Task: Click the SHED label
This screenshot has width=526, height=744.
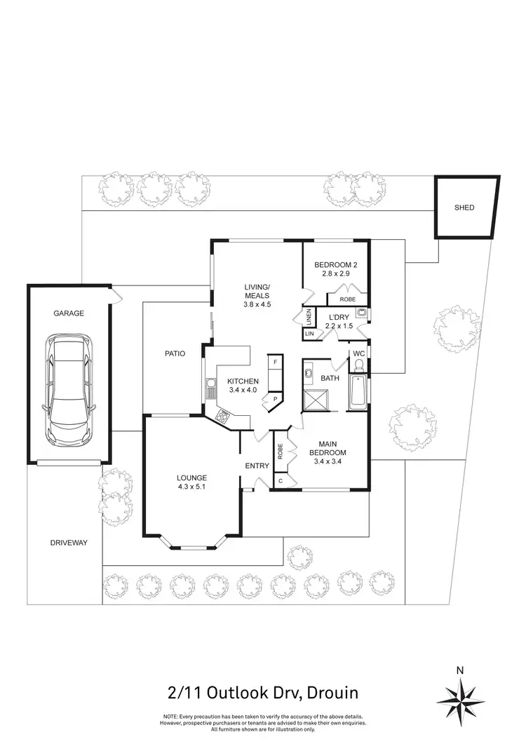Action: pyautogui.click(x=464, y=208)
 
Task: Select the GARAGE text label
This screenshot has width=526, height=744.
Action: pyautogui.click(x=69, y=313)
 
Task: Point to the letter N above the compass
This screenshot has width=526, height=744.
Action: pyautogui.click(x=460, y=670)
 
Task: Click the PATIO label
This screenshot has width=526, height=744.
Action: pyautogui.click(x=175, y=353)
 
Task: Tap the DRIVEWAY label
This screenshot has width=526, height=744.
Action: pyautogui.click(x=68, y=543)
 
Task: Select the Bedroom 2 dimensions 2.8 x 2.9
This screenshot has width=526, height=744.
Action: pyautogui.click(x=336, y=273)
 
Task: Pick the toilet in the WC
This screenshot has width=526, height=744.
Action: pyautogui.click(x=358, y=367)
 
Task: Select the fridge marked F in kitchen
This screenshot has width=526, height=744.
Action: pyautogui.click(x=275, y=363)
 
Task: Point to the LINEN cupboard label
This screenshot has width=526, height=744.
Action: pyautogui.click(x=309, y=317)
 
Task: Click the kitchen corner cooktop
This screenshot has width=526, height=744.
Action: pyautogui.click(x=224, y=416)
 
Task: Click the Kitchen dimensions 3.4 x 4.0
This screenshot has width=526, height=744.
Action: pyautogui.click(x=242, y=390)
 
